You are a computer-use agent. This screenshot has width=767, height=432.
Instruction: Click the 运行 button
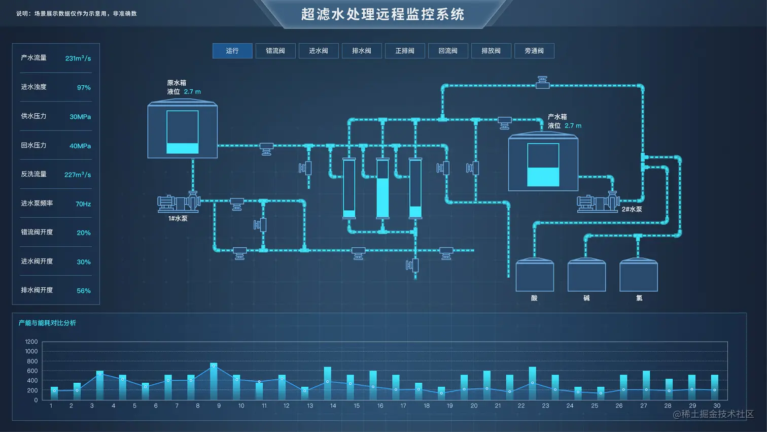tap(232, 51)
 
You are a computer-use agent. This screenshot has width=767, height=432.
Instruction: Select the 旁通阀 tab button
tap(534, 51)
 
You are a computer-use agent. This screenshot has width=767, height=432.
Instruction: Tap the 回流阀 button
tap(448, 51)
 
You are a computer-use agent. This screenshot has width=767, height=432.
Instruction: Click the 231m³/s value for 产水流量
tap(78, 58)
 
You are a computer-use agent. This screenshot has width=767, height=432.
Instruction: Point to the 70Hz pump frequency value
tap(83, 204)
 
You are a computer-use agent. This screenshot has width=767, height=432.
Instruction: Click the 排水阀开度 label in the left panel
tap(37, 290)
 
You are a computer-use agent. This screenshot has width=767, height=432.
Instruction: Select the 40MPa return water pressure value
tap(80, 146)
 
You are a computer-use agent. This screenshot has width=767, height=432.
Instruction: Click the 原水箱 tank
tap(183, 130)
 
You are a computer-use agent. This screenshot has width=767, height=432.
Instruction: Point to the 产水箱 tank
tap(543, 162)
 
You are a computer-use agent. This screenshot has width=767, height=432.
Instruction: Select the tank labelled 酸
tap(535, 276)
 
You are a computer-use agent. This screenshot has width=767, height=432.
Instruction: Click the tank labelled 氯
tap(639, 276)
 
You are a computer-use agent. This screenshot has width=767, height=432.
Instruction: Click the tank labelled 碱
tap(586, 276)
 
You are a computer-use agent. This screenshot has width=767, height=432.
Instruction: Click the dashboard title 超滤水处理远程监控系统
tap(383, 14)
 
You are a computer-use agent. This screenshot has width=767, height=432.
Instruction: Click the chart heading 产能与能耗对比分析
tap(47, 323)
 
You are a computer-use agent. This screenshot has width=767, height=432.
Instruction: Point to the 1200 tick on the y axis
tap(31, 342)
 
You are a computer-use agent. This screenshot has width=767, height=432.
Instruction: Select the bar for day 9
tap(214, 382)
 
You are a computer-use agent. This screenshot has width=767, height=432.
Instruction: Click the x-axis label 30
tap(717, 406)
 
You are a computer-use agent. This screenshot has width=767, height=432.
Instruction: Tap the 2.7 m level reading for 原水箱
tap(192, 92)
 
